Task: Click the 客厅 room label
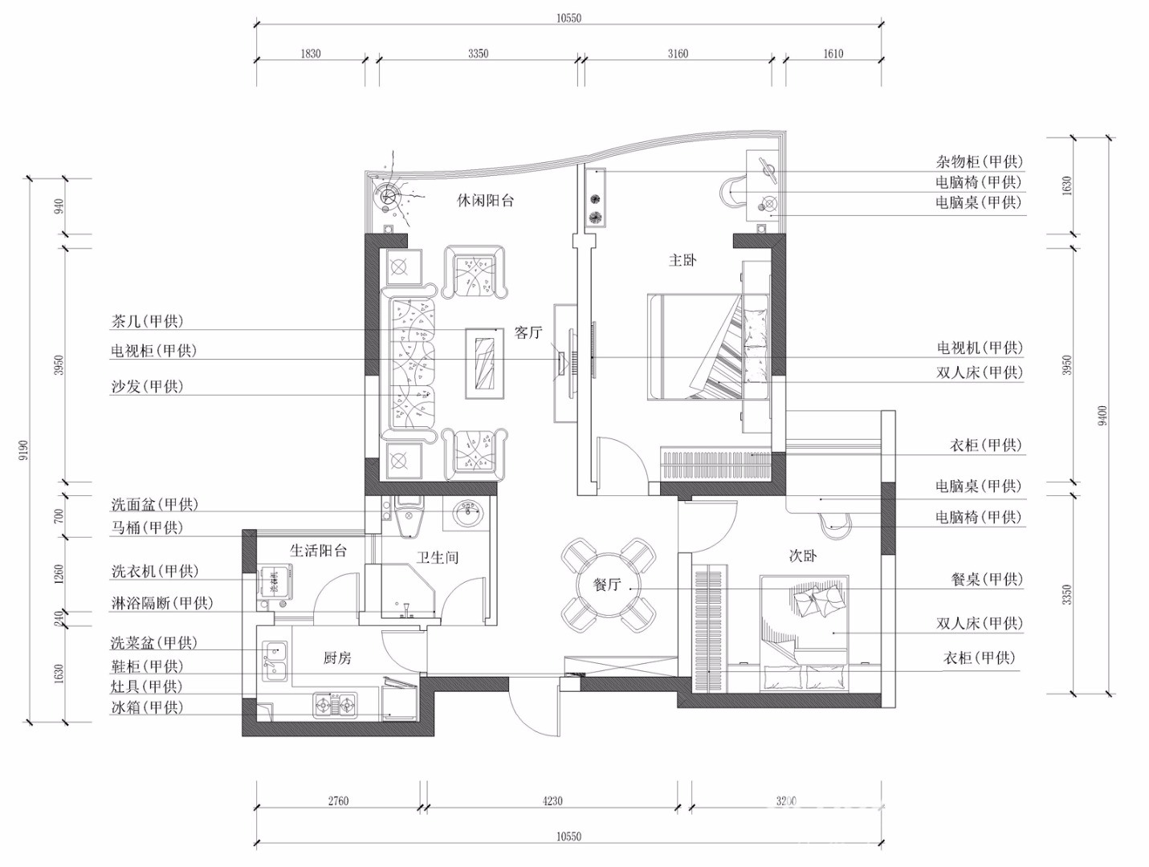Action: (528, 332)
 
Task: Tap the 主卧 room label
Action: (682, 260)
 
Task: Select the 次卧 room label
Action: (802, 556)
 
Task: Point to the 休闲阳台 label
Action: (485, 201)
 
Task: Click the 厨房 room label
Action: (337, 658)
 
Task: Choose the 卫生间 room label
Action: (438, 557)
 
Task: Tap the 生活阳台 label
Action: (318, 550)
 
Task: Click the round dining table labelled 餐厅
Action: (609, 584)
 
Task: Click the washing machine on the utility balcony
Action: (275, 580)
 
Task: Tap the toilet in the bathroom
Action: (409, 517)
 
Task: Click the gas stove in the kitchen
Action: (335, 704)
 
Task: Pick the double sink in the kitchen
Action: (275, 661)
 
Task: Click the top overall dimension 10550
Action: (569, 18)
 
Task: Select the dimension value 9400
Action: (1103, 416)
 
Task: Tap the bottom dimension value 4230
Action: (552, 800)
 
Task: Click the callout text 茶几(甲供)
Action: (147, 321)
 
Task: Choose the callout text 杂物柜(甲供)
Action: (979, 161)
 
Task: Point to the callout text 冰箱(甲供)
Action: (147, 707)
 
